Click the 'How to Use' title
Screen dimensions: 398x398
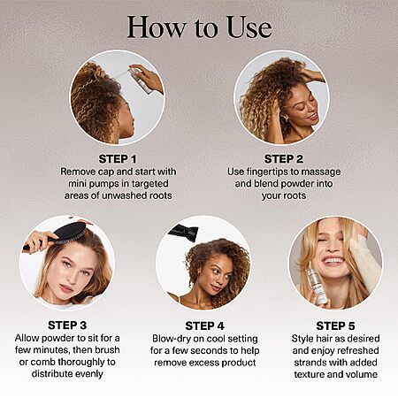click(x=199, y=27)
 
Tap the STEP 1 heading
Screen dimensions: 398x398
click(x=118, y=159)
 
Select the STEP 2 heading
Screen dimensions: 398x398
click(x=284, y=159)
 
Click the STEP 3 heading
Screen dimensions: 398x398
click(x=67, y=325)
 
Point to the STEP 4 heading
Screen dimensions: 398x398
click(x=205, y=326)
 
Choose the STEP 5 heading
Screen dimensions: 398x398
click(x=335, y=326)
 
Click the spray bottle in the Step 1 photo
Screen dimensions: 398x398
click(x=141, y=80)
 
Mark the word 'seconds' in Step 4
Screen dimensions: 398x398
click(x=209, y=351)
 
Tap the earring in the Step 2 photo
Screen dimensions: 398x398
click(x=286, y=119)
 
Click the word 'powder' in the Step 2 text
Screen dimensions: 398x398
click(x=295, y=184)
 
